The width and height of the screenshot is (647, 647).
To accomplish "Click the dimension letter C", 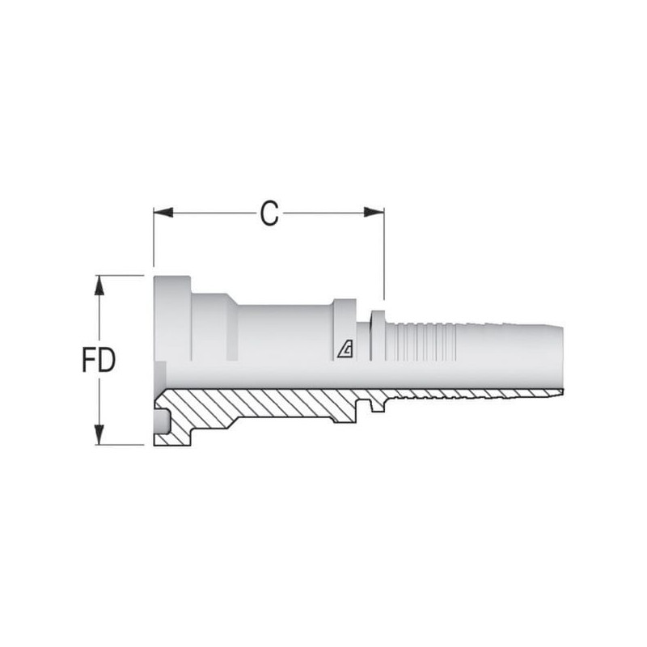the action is [269, 214].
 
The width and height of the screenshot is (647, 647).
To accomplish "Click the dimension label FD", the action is [99, 359].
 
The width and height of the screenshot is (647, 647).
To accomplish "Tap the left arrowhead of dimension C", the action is [163, 213].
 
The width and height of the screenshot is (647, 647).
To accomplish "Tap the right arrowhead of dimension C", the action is [374, 213].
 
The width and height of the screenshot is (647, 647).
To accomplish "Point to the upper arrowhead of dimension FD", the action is [99, 285].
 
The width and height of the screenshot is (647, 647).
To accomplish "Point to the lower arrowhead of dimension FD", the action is [99, 435].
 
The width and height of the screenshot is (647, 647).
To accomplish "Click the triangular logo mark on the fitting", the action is [345, 350].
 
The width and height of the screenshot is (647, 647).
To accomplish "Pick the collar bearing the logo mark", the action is [345, 330].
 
